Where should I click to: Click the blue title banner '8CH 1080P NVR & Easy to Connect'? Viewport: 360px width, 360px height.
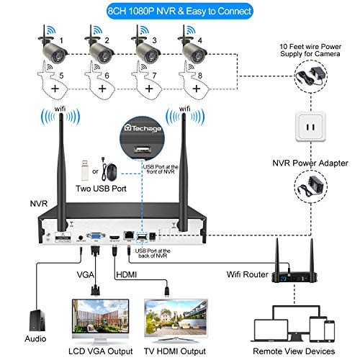click(x=179, y=11)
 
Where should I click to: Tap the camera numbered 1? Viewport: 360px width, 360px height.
click(x=53, y=48)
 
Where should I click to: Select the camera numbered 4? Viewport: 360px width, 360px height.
click(x=192, y=48)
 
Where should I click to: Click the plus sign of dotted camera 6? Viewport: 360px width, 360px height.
click(x=102, y=89)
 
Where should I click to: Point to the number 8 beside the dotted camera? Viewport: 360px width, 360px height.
click(x=200, y=76)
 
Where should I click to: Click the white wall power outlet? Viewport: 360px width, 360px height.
click(x=310, y=126)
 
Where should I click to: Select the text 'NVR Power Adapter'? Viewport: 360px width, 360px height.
click(x=310, y=163)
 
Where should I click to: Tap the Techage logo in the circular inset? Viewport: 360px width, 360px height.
click(x=143, y=128)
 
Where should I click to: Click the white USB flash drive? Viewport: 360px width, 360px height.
click(x=84, y=170)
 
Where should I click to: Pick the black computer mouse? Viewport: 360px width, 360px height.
click(x=111, y=172)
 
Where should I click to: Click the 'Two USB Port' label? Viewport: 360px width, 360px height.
click(x=101, y=189)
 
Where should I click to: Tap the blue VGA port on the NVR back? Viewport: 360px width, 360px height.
click(x=96, y=235)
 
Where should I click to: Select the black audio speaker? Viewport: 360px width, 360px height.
click(x=37, y=320)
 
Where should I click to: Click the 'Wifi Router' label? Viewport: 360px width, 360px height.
click(x=248, y=274)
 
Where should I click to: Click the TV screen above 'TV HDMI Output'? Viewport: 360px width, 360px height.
click(x=176, y=318)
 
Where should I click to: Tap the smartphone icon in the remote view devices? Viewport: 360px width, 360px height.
click(x=330, y=330)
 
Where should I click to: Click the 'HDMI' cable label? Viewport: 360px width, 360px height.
click(x=126, y=274)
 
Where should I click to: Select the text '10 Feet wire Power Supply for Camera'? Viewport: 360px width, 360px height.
click(x=310, y=50)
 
